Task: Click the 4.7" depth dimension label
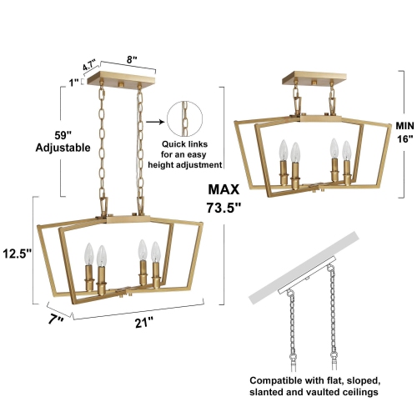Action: (x=89, y=63)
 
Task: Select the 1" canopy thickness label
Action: (x=73, y=82)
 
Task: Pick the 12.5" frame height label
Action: (x=16, y=251)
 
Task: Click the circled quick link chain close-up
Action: (x=184, y=120)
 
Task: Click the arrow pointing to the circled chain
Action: (x=155, y=120)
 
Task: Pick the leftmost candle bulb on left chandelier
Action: (x=88, y=254)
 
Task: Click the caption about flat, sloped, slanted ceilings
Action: (x=315, y=384)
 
